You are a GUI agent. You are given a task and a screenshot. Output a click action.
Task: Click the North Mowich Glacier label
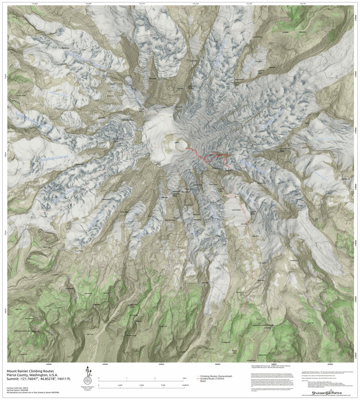click(x=85, y=60)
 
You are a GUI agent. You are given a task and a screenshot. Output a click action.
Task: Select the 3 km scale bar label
click(x=184, y=378)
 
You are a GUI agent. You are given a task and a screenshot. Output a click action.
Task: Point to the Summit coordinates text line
click(x=39, y=379)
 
